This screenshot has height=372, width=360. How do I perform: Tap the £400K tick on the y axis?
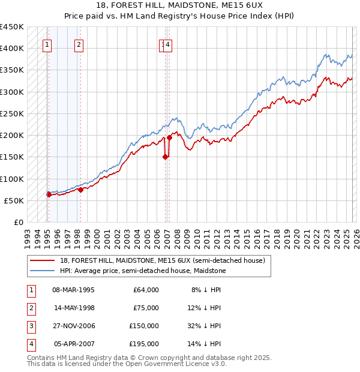[11, 49]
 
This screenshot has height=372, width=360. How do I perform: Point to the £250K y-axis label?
[11, 113]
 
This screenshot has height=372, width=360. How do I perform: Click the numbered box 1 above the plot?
[47, 44]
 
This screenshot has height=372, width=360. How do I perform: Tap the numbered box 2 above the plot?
[79, 44]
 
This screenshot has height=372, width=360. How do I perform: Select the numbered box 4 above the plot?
[168, 44]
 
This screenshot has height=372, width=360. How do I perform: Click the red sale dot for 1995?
[49, 194]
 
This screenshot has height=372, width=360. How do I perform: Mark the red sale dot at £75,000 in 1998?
[80, 190]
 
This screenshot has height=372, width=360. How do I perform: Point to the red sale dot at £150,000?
[165, 157]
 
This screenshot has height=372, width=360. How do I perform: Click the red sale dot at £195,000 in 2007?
[169, 137]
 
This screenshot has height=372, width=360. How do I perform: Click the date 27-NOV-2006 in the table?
[73, 326]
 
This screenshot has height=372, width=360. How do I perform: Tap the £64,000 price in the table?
[146, 290]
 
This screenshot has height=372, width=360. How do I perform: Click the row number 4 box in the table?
[31, 344]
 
